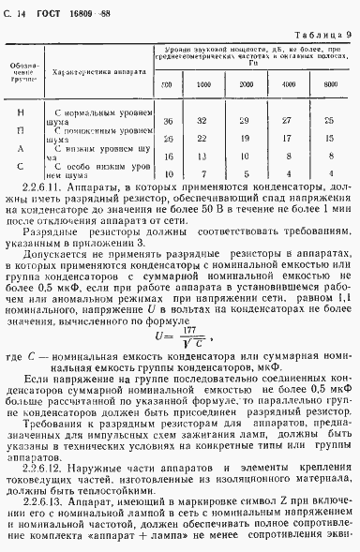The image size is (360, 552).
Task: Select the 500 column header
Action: pyautogui.click(x=167, y=86)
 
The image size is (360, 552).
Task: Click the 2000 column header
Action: pyautogui.click(x=247, y=85)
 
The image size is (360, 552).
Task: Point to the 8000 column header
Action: pyautogui.click(x=330, y=85)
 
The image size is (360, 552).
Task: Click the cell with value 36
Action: pyautogui.click(x=168, y=121)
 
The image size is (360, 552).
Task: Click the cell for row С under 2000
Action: pyautogui.click(x=247, y=173)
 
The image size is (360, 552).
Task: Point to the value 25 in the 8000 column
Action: pyautogui.click(x=330, y=121)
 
